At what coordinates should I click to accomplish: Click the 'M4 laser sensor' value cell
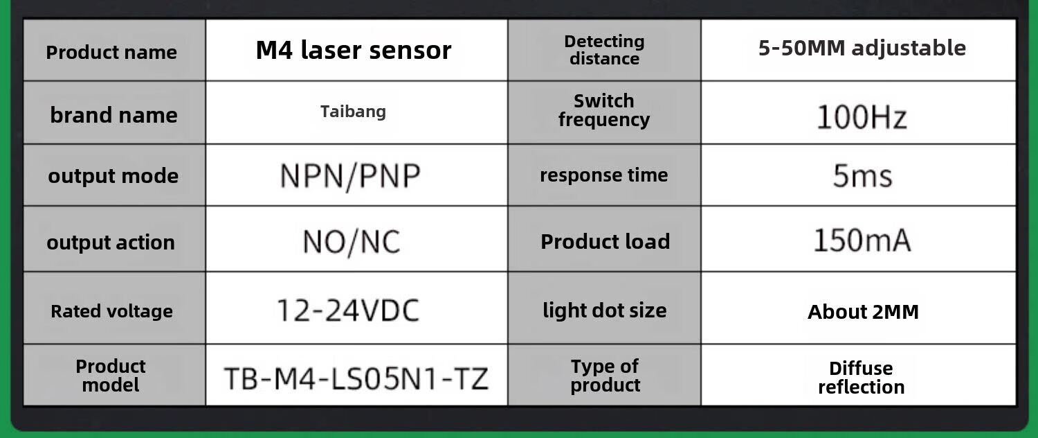354,50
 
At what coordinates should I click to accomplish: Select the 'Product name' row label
111,52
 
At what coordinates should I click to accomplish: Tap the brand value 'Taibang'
353,111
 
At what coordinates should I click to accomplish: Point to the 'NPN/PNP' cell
350,176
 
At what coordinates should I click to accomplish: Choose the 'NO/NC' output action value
352,242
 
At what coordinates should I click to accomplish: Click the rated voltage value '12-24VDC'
348,310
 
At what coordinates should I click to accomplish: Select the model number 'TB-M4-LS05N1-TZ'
356,378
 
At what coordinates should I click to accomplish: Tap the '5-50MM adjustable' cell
862,48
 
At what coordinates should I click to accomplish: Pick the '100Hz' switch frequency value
862,117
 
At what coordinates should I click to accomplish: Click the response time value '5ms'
862,176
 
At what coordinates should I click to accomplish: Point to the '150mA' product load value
862,240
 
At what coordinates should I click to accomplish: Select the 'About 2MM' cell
863,312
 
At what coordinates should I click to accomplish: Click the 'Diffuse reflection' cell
861,377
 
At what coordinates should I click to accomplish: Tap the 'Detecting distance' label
604,50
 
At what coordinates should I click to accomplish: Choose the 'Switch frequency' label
604,110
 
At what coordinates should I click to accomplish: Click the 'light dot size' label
604,310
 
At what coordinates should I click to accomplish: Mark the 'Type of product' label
605,375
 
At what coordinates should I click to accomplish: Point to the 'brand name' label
113,115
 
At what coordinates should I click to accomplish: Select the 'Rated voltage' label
111,311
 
